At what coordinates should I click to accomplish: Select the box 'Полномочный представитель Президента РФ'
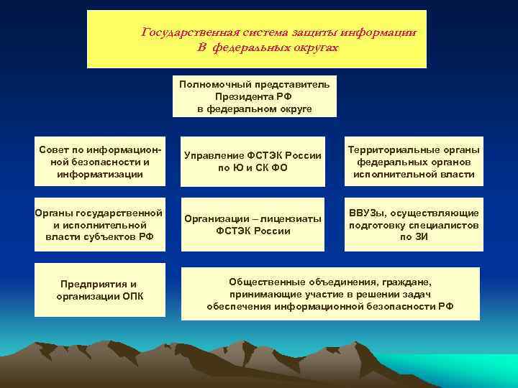[x=254, y=96]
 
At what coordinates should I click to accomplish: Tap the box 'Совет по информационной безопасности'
[x=100, y=162]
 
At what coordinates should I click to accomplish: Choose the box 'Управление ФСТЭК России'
[x=253, y=162]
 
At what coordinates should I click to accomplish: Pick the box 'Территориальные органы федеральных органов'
[x=414, y=162]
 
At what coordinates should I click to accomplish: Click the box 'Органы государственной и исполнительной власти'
[x=100, y=225]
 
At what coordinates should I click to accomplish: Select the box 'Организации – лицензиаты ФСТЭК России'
[x=253, y=225]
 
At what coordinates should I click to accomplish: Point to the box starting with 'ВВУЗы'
[x=414, y=225]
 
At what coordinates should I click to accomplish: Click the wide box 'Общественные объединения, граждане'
[x=330, y=294]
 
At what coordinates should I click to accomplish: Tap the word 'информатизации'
[x=100, y=175]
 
